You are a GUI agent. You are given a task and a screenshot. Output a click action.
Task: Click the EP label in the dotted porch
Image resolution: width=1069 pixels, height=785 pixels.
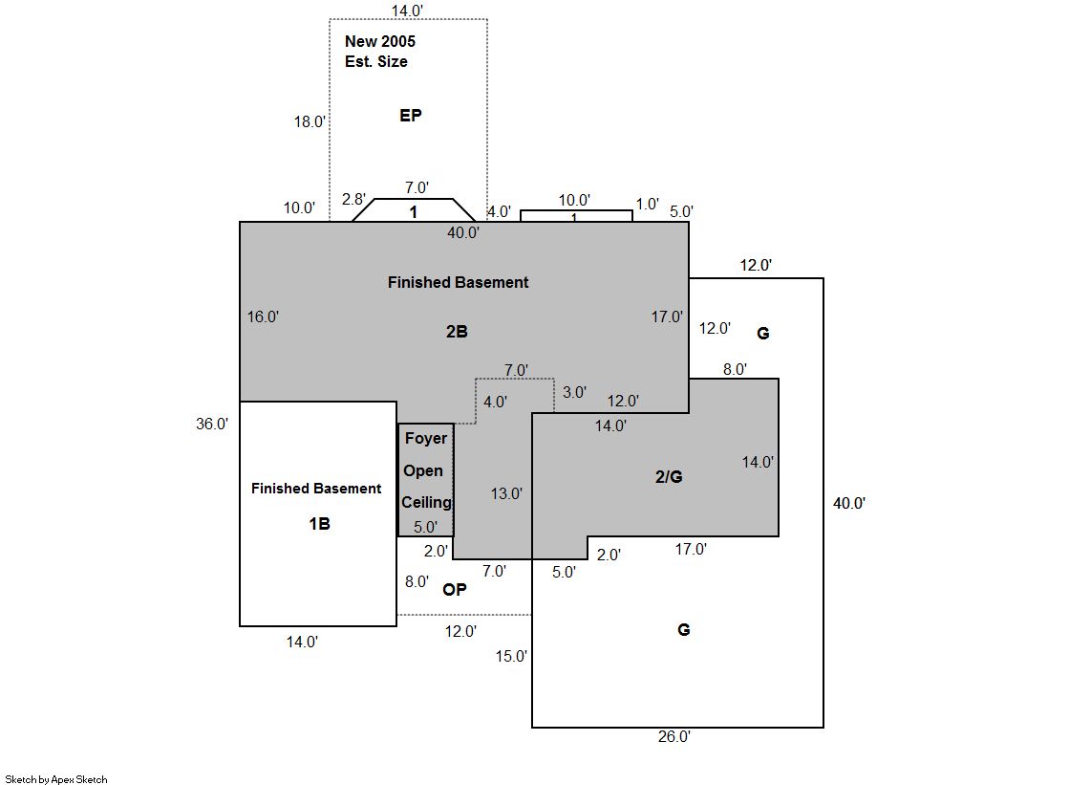pos(411,116)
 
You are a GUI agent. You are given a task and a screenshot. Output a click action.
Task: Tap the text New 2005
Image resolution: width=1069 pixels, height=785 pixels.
pos(380,42)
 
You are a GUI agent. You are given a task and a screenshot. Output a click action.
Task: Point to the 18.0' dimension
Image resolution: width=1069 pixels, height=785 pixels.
pos(310,121)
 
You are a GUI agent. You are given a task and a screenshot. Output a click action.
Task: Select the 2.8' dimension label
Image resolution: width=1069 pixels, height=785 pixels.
pos(353,200)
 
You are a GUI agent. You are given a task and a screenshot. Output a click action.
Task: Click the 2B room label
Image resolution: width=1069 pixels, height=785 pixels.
pos(457,332)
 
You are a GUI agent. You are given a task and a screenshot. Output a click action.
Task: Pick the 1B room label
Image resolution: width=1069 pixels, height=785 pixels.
pos(319,524)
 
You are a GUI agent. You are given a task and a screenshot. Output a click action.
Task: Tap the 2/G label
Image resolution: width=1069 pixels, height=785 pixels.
pos(669,477)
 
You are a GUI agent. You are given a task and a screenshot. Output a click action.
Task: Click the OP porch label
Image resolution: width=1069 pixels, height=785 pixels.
pos(455,590)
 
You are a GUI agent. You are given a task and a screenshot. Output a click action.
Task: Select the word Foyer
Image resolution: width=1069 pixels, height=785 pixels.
pos(426,439)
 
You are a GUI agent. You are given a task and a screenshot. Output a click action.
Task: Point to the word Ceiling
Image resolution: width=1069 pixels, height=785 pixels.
pos(426,502)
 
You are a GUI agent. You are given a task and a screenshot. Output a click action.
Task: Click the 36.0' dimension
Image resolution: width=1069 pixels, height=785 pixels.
pos(212,424)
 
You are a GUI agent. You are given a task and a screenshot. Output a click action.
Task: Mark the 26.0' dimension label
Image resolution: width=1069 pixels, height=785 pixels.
pos(674,736)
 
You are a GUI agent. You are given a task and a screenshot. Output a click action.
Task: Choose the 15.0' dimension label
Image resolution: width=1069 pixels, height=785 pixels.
pos(511,656)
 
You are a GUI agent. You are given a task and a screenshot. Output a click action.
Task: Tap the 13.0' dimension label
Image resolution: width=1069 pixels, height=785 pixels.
pos(506,494)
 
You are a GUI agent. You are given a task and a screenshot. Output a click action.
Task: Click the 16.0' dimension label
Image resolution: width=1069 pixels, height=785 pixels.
pos(263,316)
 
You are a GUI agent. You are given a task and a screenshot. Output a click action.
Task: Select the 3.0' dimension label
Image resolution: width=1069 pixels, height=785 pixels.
pos(575,392)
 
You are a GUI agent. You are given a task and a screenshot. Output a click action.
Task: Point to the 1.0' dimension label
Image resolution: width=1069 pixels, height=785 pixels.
pos(648,204)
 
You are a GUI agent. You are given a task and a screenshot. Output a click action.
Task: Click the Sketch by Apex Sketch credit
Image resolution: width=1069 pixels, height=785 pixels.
pos(56,779)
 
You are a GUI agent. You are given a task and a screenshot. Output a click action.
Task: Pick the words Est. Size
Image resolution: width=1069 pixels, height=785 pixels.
pos(376,61)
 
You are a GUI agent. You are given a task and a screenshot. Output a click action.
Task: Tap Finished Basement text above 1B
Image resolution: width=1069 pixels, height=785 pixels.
pos(316,489)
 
